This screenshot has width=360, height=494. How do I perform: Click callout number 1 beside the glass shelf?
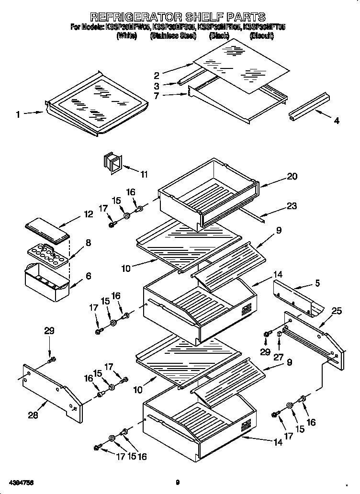click(18, 114)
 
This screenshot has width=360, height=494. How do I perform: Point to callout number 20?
click(292, 176)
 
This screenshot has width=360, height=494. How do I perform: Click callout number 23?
click(292, 206)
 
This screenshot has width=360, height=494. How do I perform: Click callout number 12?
click(88, 214)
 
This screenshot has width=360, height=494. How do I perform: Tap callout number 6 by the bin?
click(88, 276)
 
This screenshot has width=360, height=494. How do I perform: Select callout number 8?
click(88, 243)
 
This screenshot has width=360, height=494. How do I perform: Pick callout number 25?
click(337, 311)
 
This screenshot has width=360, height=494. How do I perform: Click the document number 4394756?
click(20, 482)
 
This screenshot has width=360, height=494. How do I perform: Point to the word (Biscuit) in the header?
click(261, 36)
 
